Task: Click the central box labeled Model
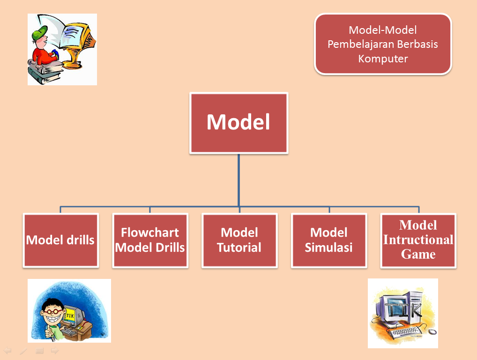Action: [x=239, y=123]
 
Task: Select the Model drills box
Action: [x=61, y=240]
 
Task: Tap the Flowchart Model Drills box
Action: [x=150, y=240]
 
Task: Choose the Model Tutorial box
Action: [x=240, y=240]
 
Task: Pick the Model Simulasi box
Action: [x=329, y=240]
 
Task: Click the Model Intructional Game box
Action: [x=418, y=240]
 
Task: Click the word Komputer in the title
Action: [x=383, y=59]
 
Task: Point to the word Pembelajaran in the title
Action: [x=361, y=44]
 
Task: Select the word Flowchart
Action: [x=150, y=232]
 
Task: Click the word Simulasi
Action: [x=329, y=247]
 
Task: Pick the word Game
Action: [x=418, y=254]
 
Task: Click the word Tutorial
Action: [x=239, y=247]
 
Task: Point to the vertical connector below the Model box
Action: [x=239, y=180]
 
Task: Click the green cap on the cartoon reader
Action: [x=39, y=32]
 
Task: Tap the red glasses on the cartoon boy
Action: [x=53, y=311]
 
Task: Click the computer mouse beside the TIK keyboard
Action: [x=432, y=332]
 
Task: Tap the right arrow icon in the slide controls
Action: [x=55, y=351]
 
